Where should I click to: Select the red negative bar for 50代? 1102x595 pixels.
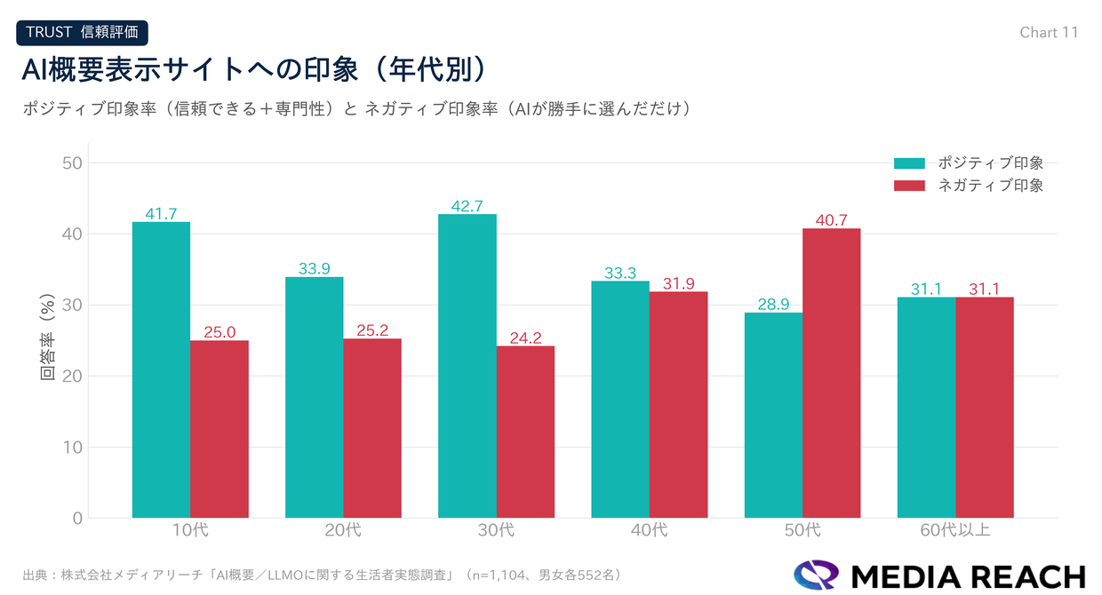coord(831,373)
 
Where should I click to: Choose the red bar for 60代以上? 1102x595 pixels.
coord(985,408)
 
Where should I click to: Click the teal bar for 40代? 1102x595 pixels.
coord(620,400)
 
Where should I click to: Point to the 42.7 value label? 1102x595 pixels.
coord(467,206)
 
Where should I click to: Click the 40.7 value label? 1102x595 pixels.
coord(831,220)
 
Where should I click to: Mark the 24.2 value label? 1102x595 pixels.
coord(525,337)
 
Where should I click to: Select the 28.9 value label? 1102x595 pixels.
coord(773,305)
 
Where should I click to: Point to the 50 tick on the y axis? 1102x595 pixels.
coord(72,163)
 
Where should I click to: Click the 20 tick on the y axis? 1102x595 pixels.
coord(72,377)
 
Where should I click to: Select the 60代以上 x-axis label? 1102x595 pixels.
coord(955,531)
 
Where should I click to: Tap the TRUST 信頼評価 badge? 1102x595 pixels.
coord(82,32)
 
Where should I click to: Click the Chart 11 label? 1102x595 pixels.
coord(1049,32)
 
